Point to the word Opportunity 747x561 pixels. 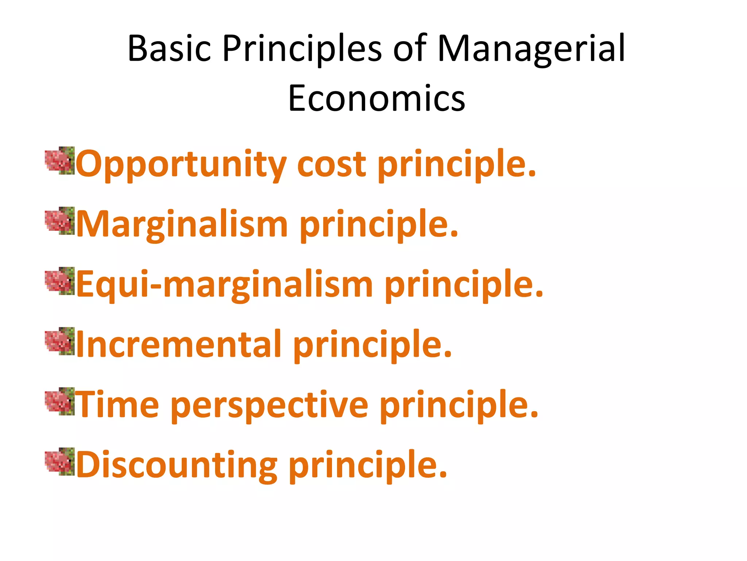(x=181, y=164)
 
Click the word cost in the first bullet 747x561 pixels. (x=331, y=164)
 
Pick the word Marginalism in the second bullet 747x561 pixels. (x=182, y=225)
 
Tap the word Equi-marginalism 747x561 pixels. (x=224, y=285)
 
